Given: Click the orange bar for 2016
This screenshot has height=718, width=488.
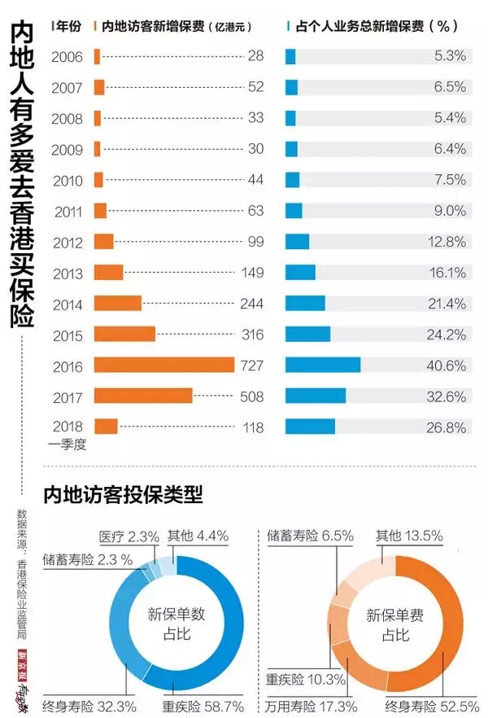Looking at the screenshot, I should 163,365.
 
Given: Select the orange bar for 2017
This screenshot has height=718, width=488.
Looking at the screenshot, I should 143,396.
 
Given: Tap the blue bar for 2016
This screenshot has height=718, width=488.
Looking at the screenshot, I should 322,365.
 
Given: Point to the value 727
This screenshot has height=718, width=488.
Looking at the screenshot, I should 252,366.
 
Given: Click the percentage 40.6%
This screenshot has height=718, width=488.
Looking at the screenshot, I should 449,366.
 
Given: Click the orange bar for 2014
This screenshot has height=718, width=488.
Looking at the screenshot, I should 118,304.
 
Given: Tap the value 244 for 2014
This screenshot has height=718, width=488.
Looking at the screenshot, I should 252,304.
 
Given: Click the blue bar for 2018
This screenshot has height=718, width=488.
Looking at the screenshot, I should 310,427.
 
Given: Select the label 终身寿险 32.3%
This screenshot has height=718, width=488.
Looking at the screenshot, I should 89,706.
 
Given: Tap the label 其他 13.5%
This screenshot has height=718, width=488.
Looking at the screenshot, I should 408,536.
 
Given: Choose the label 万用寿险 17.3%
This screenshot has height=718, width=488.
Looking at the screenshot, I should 306,706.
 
